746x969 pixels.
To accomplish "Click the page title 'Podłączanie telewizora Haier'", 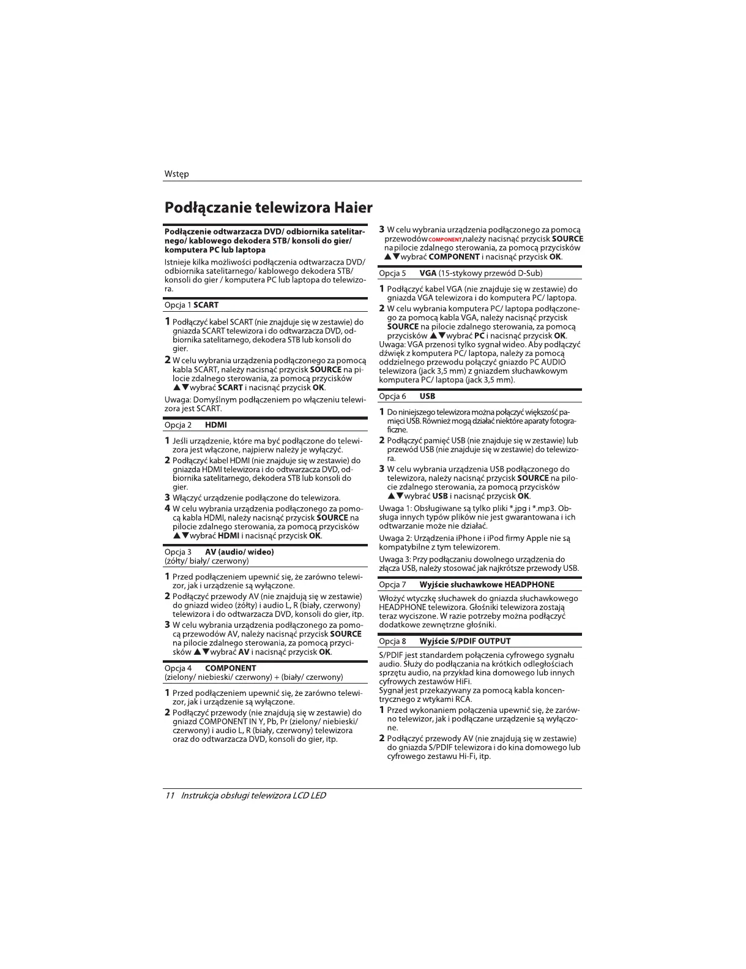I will [x=268, y=208].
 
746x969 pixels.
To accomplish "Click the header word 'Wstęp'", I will [x=176, y=174].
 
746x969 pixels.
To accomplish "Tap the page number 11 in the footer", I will [x=170, y=796].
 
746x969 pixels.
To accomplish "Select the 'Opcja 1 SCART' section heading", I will [x=192, y=305].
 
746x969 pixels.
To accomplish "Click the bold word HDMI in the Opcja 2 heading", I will [x=216, y=425].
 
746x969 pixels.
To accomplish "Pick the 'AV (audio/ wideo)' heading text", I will [x=239, y=552].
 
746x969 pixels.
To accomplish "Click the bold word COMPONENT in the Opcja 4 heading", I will [x=231, y=668].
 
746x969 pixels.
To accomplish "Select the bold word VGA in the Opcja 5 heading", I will [x=428, y=273].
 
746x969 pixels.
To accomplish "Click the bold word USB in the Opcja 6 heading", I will [x=427, y=396].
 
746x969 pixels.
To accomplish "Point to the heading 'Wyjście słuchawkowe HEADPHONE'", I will [x=487, y=584].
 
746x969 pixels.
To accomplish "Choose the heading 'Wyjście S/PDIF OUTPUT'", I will [x=464, y=641].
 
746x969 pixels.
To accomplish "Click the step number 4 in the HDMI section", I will [x=168, y=508].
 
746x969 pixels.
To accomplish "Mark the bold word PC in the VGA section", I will [x=479, y=336].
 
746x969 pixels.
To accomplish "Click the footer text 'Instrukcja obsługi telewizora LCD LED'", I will [x=253, y=796].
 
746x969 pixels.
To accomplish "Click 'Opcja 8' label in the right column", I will [x=392, y=641].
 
